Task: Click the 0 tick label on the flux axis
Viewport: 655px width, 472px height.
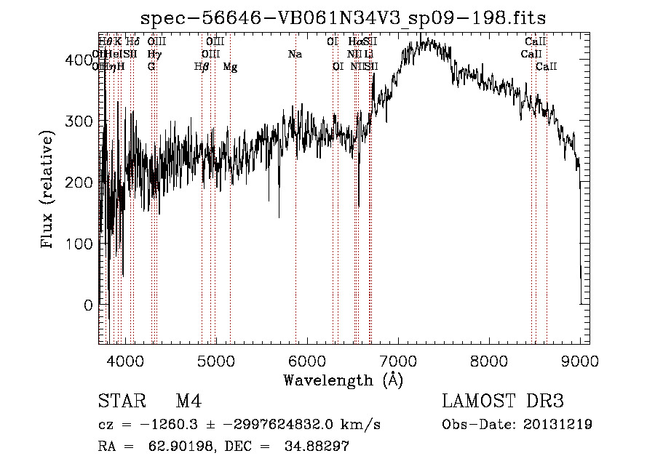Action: [x=87, y=305]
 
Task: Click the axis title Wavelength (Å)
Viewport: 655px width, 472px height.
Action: [x=343, y=380]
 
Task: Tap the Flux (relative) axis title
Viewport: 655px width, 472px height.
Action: [x=48, y=191]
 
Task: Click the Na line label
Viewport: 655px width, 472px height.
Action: [x=295, y=55]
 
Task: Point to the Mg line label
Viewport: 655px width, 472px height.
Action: [x=230, y=67]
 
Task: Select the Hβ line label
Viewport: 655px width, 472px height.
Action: [x=202, y=67]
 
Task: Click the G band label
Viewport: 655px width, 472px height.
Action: [x=151, y=67]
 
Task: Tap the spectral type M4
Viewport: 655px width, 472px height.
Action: [x=188, y=402]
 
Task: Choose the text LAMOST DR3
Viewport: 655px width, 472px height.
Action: [x=502, y=402]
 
